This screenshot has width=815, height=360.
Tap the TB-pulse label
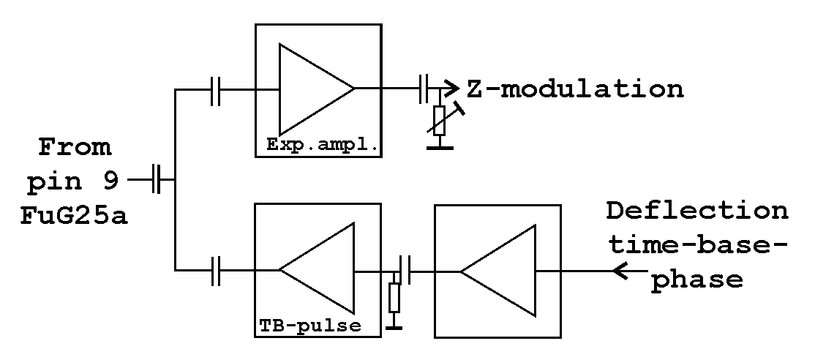point(310,325)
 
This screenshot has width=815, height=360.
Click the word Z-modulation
point(575,89)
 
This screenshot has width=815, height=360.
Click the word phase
point(697,279)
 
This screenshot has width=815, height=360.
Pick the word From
point(75,147)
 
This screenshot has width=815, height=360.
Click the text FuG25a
point(73,216)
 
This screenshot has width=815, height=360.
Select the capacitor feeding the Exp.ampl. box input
point(214,89)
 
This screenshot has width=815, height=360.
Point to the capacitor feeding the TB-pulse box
point(214,271)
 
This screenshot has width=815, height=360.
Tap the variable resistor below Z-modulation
point(440,119)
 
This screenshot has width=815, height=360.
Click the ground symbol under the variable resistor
point(440,148)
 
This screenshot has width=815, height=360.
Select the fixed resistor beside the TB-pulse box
point(395,296)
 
